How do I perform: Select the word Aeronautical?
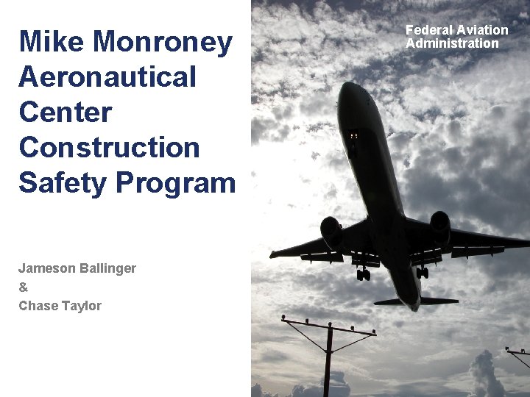[x=107, y=76]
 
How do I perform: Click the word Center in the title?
[x=66, y=112]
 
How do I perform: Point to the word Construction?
[x=109, y=147]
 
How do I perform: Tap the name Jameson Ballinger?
[x=77, y=268]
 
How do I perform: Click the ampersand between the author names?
[x=23, y=287]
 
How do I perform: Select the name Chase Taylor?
[x=60, y=306]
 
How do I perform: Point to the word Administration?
[x=452, y=43]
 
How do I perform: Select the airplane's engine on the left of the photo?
[x=331, y=230]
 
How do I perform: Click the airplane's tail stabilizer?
[x=417, y=301]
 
